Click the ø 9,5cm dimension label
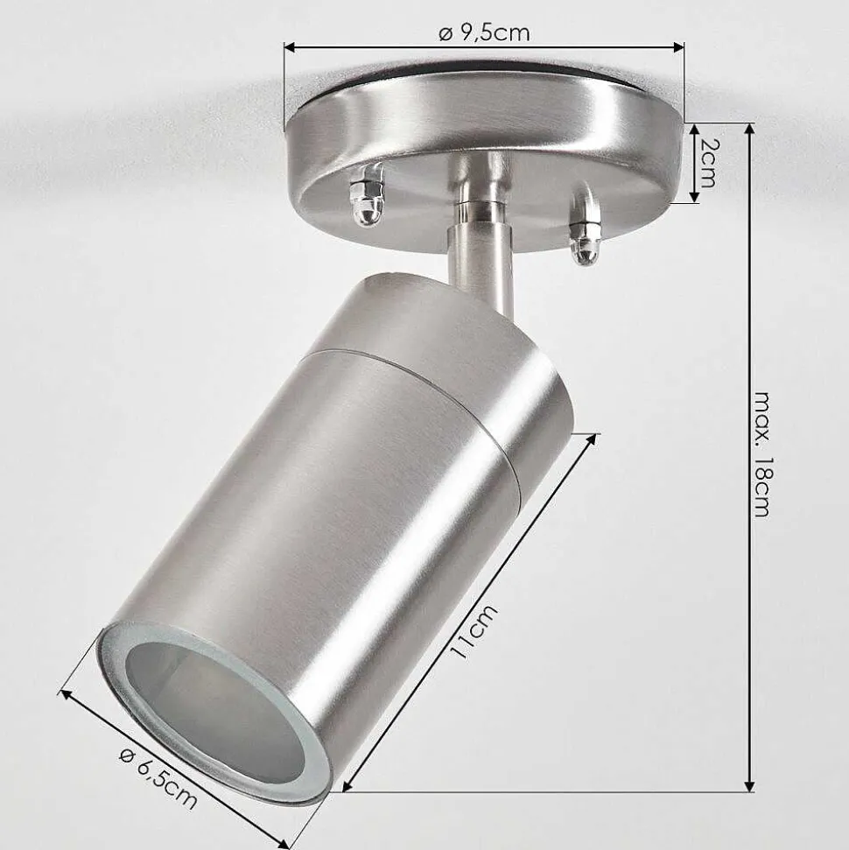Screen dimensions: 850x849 (484, 33)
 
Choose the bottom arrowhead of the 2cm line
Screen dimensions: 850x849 (694, 199)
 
